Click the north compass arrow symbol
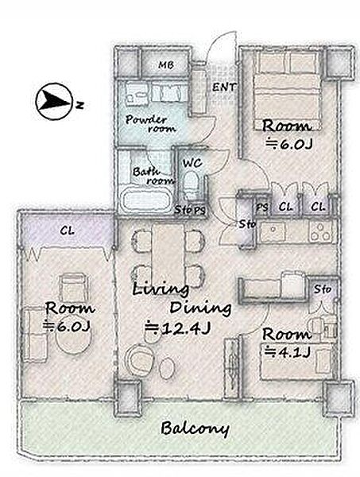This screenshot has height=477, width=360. point(54,101)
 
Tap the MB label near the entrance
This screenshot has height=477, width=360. point(166,65)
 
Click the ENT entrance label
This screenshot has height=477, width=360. point(224,87)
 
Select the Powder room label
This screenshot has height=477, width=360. point(151,123)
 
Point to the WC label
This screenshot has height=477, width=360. point(192,163)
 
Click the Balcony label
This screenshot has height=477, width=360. point(195,429)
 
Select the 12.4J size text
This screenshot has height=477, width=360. point(177,328)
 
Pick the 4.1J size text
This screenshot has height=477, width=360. point(288,352)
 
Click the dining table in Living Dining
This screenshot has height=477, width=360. point(168,255)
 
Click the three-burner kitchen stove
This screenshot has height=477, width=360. point(321,232)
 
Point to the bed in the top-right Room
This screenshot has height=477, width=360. point(288,91)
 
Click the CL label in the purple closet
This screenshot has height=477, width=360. point(67,231)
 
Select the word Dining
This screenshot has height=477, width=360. point(200,308)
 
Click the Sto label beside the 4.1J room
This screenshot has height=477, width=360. point(323,289)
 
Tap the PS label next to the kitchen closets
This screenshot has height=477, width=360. point(262,207)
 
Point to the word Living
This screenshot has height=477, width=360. point(161,289)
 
